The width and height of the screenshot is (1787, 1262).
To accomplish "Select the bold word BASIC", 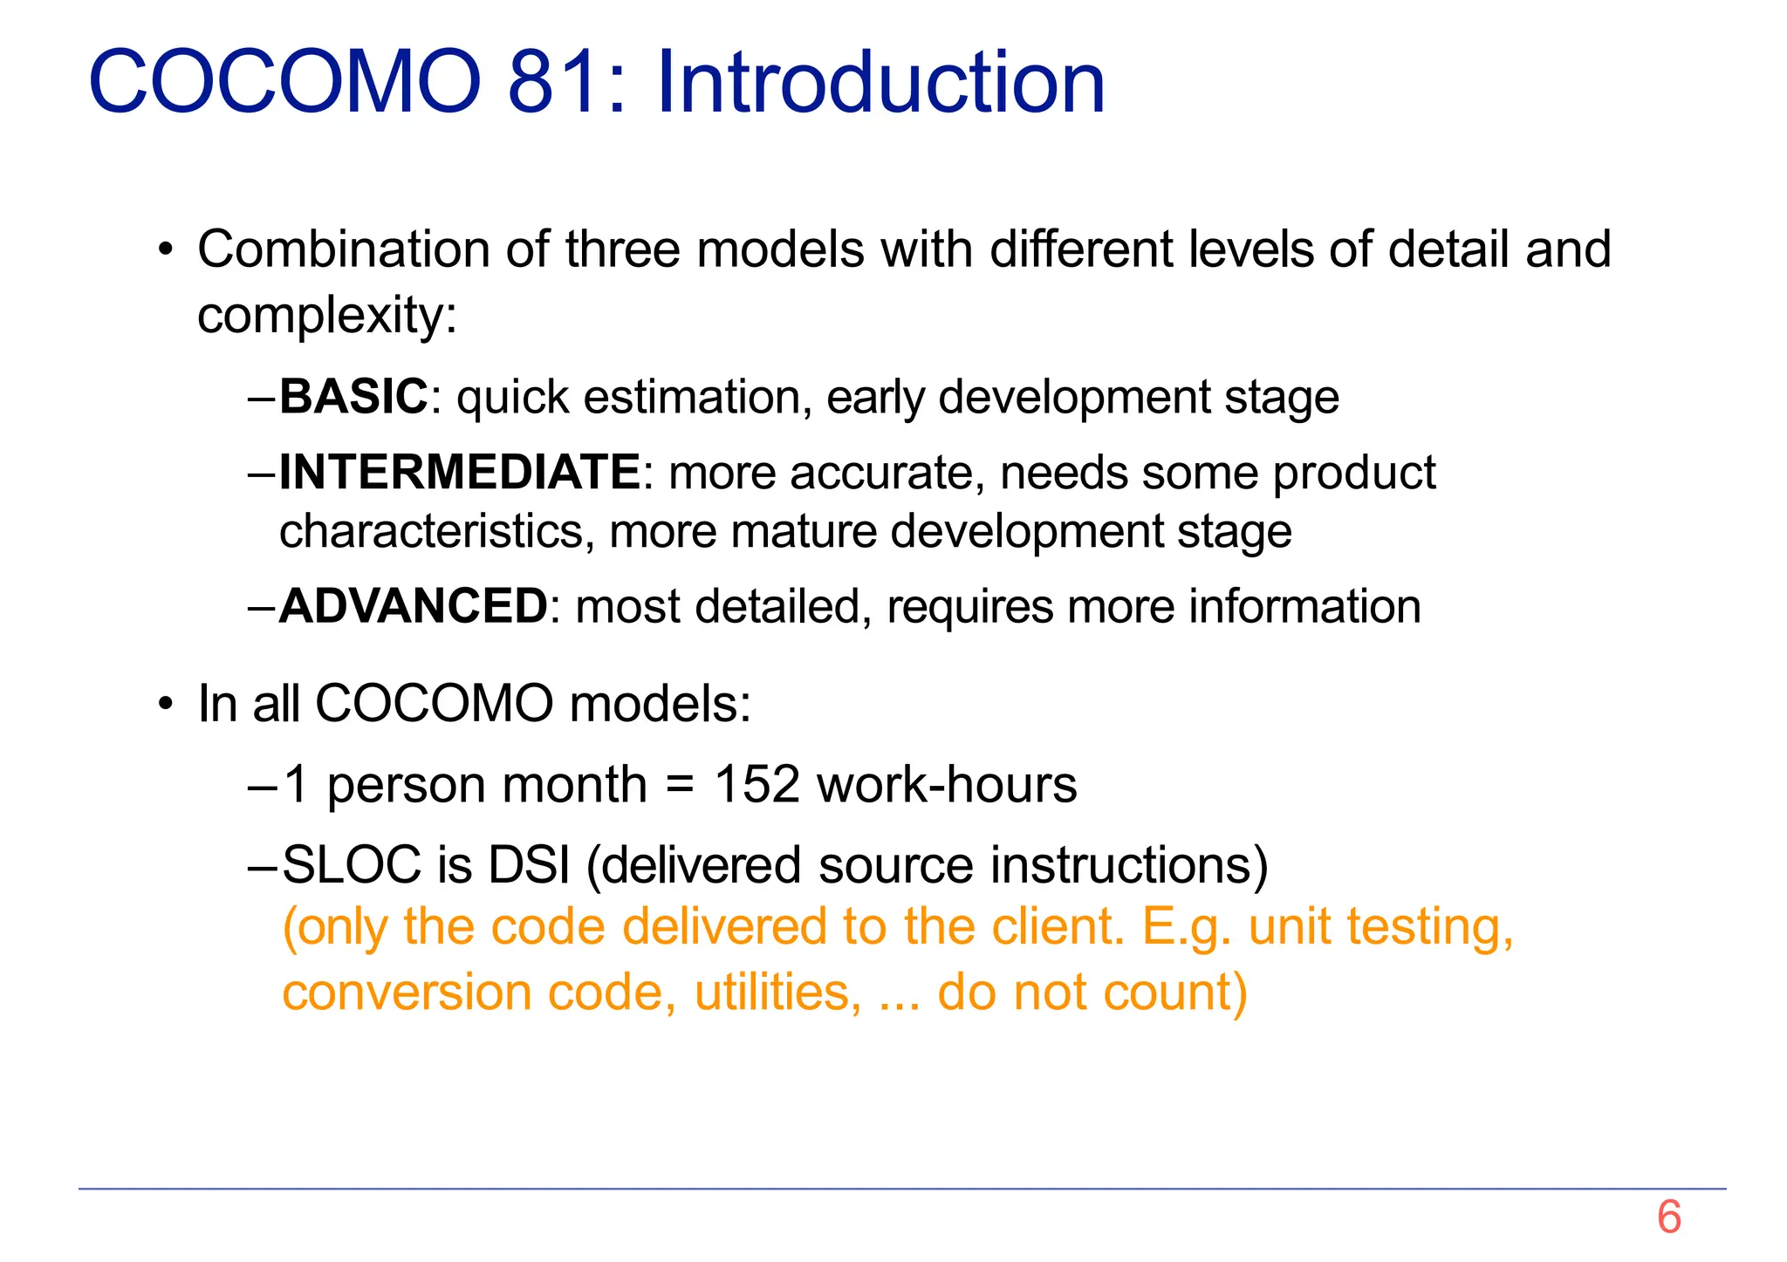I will click(x=353, y=397).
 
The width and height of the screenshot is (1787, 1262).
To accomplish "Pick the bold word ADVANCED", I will click(x=413, y=606).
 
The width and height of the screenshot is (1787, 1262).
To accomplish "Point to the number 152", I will click(x=757, y=784).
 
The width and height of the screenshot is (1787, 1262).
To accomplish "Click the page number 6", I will click(x=1668, y=1217).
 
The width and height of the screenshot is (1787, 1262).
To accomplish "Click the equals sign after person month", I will click(x=679, y=785).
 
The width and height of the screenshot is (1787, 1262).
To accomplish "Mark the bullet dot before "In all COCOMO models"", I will click(x=166, y=704).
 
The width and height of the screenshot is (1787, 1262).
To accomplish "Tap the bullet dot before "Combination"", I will click(x=166, y=250).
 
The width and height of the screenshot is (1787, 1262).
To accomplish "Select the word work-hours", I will click(x=947, y=784).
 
